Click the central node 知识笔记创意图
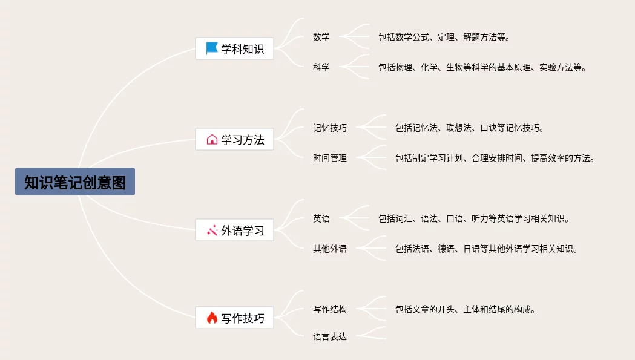(75, 182)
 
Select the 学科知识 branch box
(234, 49)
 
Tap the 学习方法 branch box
(234, 140)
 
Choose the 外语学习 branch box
(234, 231)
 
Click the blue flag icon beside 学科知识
(212, 48)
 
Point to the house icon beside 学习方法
(212, 140)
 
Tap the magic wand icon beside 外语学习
(212, 231)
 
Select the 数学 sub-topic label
(321, 37)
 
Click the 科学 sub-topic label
(321, 67)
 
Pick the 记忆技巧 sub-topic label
(330, 128)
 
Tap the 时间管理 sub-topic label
(330, 158)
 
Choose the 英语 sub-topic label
(321, 218)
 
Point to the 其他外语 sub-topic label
(330, 249)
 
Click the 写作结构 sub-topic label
(330, 309)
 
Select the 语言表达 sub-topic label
(330, 336)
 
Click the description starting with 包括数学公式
(444, 37)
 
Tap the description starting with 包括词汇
(474, 218)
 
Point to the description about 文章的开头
(466, 309)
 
